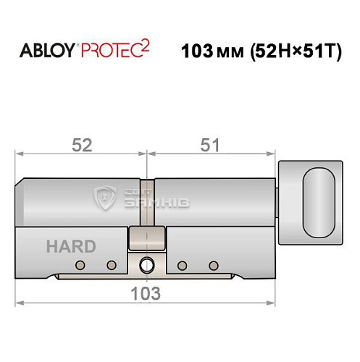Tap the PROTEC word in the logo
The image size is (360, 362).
(x=109, y=53)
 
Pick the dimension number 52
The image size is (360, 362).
(x=81, y=145)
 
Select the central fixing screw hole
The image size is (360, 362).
(x=147, y=264)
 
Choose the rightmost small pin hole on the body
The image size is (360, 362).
(x=213, y=264)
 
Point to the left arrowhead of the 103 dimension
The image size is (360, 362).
(x=20, y=303)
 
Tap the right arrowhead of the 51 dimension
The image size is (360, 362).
(x=275, y=153)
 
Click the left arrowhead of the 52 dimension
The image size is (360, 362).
(x=20, y=153)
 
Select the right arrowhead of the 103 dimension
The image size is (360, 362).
(x=275, y=303)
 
